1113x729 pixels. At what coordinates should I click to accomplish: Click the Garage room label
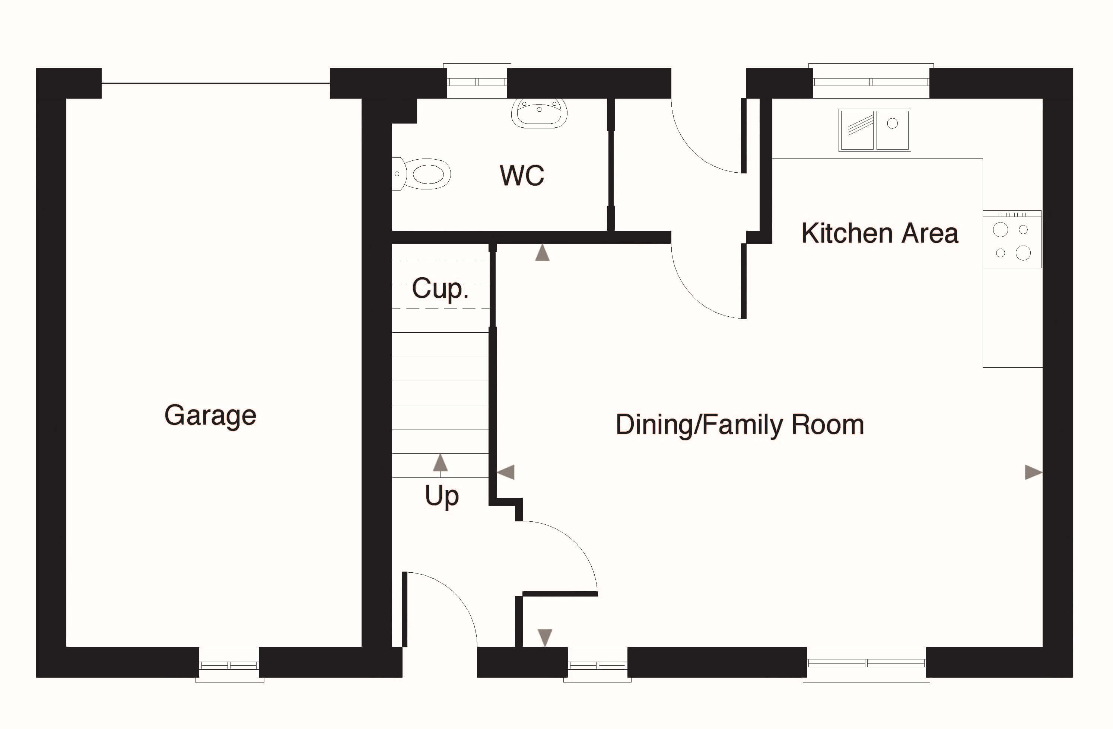click(210, 415)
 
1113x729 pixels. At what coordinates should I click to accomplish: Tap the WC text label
click(522, 175)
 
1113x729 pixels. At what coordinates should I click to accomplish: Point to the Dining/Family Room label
click(740, 425)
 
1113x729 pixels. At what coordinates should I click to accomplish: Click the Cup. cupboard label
click(440, 288)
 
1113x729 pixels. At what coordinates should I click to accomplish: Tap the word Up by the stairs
click(442, 496)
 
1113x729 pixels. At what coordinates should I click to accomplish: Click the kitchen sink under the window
click(874, 130)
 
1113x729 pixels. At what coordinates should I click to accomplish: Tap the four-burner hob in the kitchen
click(1012, 239)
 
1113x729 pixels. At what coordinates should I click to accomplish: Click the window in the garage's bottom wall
click(229, 664)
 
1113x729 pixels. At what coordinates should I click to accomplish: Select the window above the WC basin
click(477, 81)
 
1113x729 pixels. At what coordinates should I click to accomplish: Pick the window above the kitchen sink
click(871, 81)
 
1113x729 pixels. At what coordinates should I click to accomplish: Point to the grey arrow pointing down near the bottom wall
click(545, 637)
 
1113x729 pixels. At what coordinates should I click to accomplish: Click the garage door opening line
click(216, 83)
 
